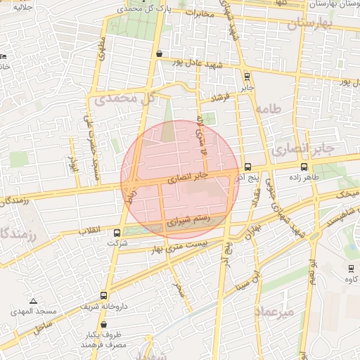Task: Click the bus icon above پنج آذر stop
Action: click(247, 167)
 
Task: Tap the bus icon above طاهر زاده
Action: click(304, 167)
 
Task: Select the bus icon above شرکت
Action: click(117, 233)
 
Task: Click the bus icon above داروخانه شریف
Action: click(104, 296)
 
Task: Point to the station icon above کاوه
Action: click(351, 269)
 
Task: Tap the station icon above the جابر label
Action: click(246, 77)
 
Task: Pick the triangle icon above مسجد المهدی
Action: click(33, 300)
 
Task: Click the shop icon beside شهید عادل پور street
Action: click(160, 53)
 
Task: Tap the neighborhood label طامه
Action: click(269, 109)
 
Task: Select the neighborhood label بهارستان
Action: click(309, 24)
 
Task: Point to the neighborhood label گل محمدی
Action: click(123, 100)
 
